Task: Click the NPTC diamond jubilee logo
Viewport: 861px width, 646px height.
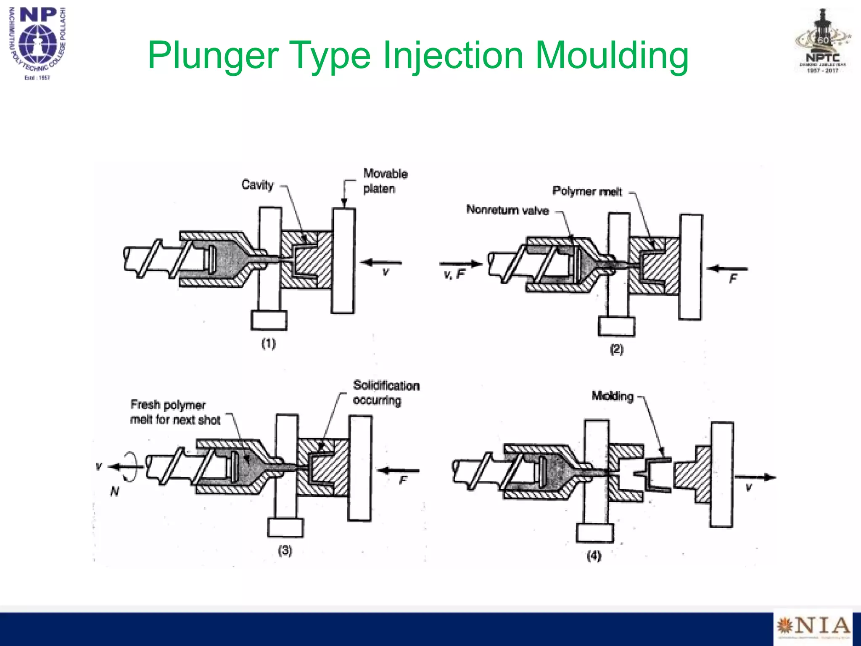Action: (823, 42)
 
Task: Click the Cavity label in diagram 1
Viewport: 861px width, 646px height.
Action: (257, 185)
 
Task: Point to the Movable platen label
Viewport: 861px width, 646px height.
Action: (385, 181)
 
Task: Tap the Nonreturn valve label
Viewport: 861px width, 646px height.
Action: (507, 210)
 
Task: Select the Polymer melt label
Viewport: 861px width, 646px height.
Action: (587, 191)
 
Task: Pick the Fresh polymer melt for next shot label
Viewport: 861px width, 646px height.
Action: (175, 413)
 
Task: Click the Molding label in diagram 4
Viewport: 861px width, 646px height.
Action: (612, 396)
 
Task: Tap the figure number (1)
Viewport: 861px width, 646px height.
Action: (269, 344)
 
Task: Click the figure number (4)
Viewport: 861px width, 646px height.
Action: (594, 556)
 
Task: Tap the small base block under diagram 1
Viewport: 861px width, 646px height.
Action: (269, 320)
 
